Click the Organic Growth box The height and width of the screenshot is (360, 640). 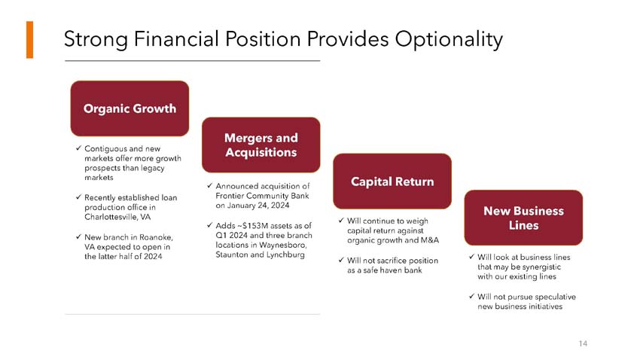click(x=130, y=108)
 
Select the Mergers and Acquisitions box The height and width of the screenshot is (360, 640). click(x=261, y=145)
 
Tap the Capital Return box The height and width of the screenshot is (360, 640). click(x=392, y=182)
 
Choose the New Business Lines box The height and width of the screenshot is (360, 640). click(x=523, y=218)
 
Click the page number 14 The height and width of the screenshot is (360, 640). click(x=583, y=343)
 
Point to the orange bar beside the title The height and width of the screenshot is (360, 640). click(x=29, y=40)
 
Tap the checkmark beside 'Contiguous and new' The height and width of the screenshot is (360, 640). click(x=79, y=149)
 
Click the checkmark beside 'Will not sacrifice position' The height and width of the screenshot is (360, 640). click(x=341, y=261)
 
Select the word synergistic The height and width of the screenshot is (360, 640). click(x=544, y=267)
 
